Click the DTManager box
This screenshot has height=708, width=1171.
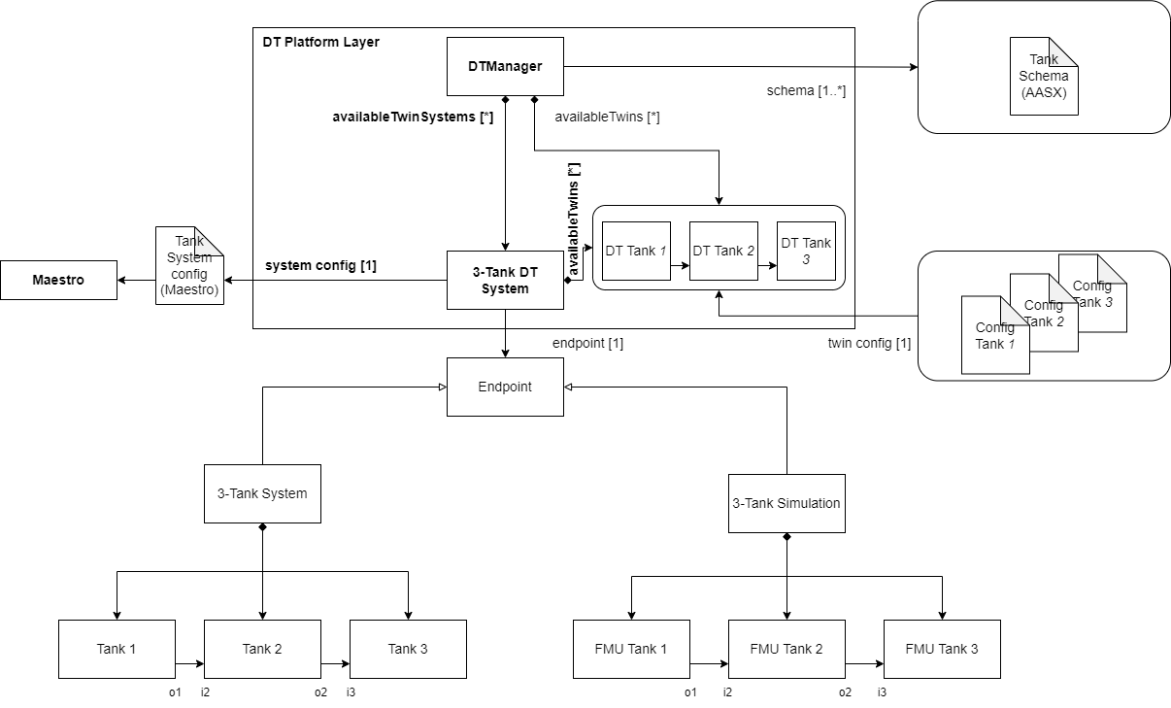pos(505,66)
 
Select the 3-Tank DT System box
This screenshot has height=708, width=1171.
pos(505,280)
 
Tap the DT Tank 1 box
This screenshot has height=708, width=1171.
pos(636,251)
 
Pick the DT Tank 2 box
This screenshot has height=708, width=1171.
pos(723,251)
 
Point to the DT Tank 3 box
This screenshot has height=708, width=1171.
pos(806,251)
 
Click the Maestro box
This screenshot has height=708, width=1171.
pos(58,280)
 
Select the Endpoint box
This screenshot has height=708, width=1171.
pos(505,387)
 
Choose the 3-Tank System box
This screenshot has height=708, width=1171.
pos(262,493)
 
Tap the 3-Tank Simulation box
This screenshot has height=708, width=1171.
pos(786,503)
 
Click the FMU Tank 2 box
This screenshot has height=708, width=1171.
pos(786,649)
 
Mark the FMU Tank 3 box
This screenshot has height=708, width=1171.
pos(942,649)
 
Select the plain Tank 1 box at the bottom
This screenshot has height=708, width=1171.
pos(117,649)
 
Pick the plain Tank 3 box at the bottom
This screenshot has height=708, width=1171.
pos(408,649)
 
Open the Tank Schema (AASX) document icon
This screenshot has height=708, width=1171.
pos(1044,78)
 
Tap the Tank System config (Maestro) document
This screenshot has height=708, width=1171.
pos(189,267)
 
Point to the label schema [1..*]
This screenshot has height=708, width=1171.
pos(806,91)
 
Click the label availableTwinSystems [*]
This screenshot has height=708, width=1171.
pos(413,118)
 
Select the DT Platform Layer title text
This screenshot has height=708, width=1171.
pos(321,42)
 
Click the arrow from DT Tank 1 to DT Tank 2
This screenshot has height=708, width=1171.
pos(680,264)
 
